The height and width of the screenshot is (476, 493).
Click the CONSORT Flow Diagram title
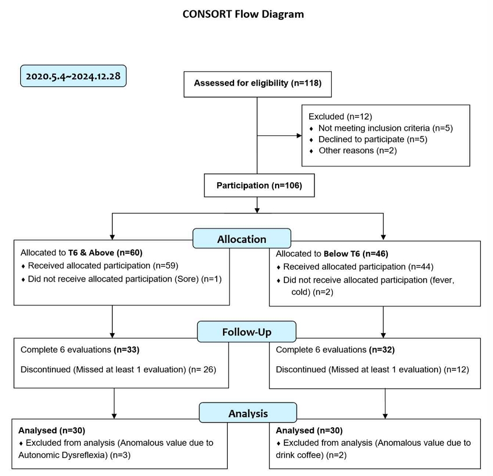pos(243,14)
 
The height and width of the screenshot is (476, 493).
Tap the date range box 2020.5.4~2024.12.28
pos(73,76)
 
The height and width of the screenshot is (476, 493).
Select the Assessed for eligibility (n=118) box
pos(258,84)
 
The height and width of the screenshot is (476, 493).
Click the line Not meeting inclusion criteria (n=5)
pos(385,128)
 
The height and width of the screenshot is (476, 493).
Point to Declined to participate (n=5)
pos(373,139)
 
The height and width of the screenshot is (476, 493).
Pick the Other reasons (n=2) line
pos(358,150)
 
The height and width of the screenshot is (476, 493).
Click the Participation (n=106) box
pos(259,185)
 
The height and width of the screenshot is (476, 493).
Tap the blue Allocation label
pos(242,238)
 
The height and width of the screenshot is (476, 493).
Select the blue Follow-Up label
pos(247,331)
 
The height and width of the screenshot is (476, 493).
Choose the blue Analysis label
pos(248,412)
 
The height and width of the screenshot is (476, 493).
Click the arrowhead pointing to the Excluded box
pos(299,135)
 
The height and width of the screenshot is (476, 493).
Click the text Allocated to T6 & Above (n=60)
pos(81,253)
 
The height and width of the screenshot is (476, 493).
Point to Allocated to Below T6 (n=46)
pos(332,253)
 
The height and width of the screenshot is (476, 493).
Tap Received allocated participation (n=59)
pos(103,266)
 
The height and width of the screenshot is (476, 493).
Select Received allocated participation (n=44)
pos(358,267)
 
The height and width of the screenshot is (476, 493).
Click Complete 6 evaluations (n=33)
pos(80,349)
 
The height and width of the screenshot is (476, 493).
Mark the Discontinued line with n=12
pos(372,370)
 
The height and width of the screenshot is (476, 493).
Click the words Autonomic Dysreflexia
pos(63,455)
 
